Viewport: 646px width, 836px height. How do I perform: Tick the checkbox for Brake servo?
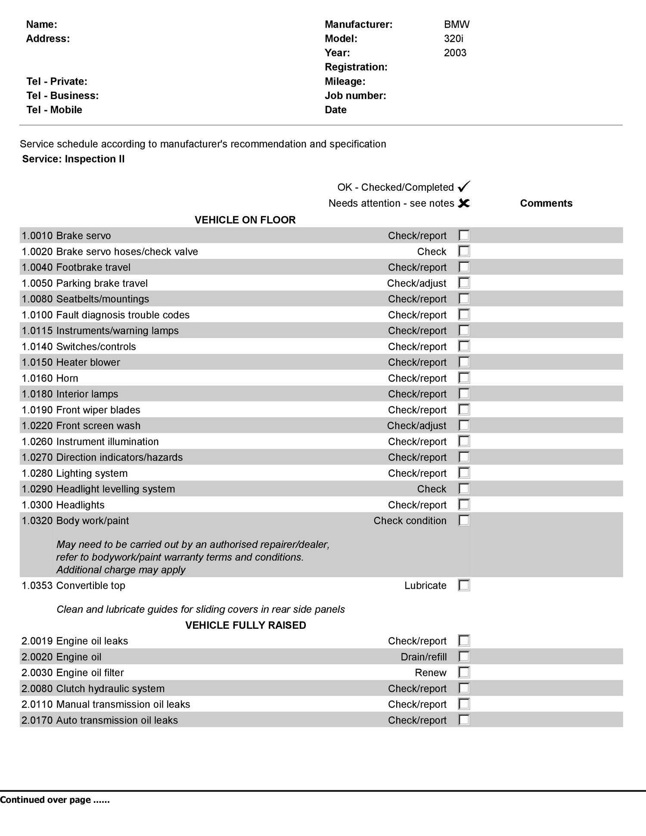(x=464, y=235)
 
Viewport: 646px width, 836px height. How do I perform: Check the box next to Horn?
(x=464, y=378)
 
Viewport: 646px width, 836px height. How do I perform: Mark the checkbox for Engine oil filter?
(x=464, y=672)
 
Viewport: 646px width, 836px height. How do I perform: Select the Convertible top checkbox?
(x=464, y=585)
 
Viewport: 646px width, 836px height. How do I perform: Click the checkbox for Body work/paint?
(x=464, y=520)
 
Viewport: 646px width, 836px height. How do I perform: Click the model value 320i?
(x=453, y=39)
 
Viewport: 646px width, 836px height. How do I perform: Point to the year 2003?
(x=455, y=53)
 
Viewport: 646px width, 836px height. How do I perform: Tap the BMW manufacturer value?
(x=457, y=25)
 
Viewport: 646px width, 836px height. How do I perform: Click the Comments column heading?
(x=546, y=203)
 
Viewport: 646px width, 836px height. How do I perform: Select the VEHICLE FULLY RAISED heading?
(x=245, y=625)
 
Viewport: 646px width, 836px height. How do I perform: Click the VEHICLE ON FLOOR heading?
(x=245, y=220)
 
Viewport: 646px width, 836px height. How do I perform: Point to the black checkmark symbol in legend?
(x=464, y=186)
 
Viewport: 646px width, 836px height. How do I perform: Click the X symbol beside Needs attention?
(x=464, y=203)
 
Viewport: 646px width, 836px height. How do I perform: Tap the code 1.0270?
(x=37, y=457)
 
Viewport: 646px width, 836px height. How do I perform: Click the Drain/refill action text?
(x=423, y=657)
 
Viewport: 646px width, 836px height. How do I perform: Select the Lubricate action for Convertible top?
(x=425, y=585)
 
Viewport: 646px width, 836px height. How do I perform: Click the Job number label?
(x=355, y=96)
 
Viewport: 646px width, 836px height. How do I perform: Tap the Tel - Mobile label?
(x=54, y=110)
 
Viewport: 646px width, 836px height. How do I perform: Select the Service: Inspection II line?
(x=73, y=159)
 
